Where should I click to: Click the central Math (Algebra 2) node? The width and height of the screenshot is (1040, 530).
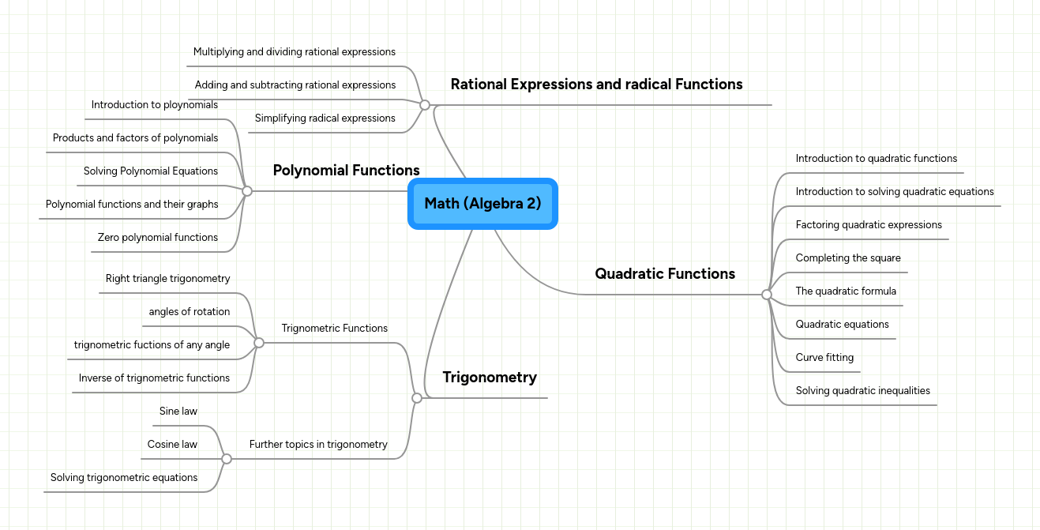tap(482, 204)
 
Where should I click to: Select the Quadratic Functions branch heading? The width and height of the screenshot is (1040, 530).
tap(665, 274)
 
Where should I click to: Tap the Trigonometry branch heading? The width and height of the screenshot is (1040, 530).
tap(490, 378)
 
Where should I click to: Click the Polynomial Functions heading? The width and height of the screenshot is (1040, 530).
tap(346, 171)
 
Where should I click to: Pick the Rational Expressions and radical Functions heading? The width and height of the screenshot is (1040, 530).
tap(596, 85)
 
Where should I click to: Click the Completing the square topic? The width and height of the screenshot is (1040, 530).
tap(848, 258)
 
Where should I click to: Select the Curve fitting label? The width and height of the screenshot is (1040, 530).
tap(824, 358)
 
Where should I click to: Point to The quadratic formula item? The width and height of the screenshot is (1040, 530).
tap(846, 291)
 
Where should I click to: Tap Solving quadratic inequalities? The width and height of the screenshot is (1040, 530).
tap(862, 391)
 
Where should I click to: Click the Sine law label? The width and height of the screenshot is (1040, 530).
tap(178, 412)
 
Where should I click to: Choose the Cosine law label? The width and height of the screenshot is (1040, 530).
tap(172, 445)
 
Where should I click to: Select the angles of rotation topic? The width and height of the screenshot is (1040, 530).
tap(190, 312)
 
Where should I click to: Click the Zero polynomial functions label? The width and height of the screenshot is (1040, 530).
tap(158, 238)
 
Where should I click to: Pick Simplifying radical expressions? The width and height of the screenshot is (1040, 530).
tap(325, 118)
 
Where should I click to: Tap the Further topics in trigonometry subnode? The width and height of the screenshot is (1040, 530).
tap(318, 445)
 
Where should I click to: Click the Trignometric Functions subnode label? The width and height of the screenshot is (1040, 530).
tap(335, 329)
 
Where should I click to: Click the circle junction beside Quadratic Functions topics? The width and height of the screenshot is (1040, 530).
tap(766, 295)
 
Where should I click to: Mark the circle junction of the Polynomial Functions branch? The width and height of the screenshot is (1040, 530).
tap(247, 191)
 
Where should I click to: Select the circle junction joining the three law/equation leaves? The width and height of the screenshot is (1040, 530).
tap(227, 459)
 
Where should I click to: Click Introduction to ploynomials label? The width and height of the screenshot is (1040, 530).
tap(155, 105)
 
